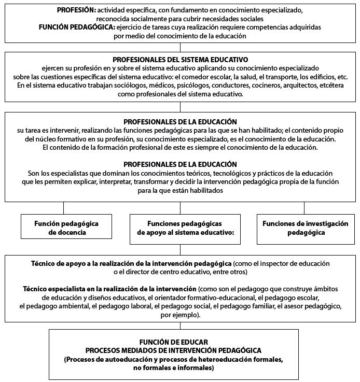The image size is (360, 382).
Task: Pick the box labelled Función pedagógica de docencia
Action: [64, 228]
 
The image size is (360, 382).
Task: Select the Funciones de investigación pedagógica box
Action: [298, 228]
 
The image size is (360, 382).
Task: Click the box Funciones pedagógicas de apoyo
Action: [186, 228]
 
